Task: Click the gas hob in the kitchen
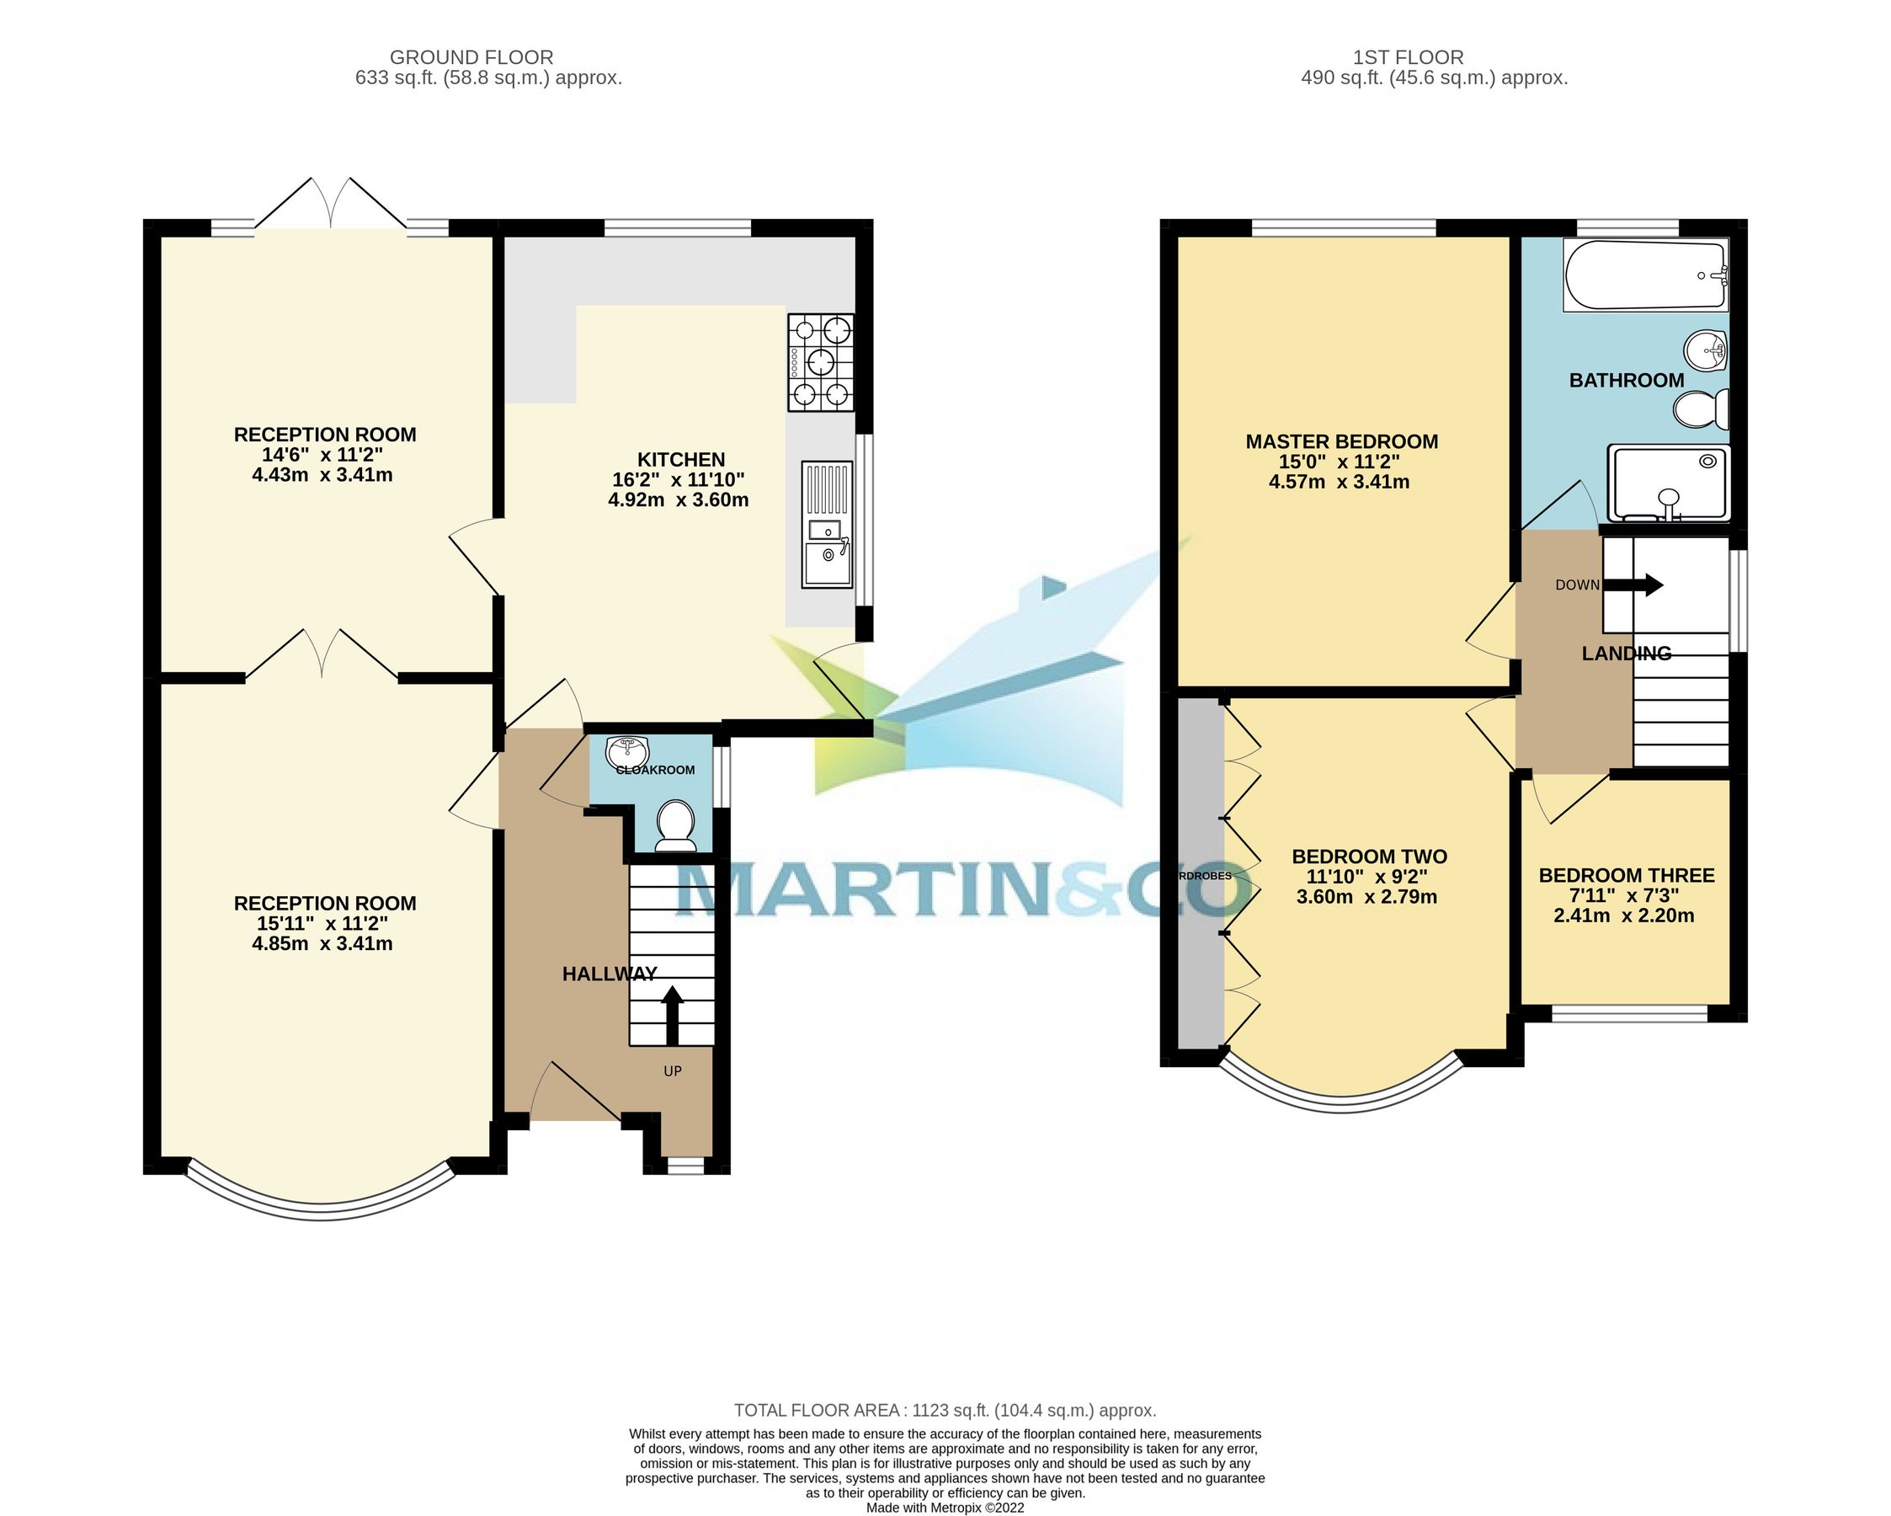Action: click(x=821, y=362)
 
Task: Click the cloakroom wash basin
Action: click(x=627, y=751)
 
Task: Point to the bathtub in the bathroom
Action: click(x=1645, y=275)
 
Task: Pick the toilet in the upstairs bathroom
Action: click(x=1702, y=408)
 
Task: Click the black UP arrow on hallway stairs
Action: click(x=672, y=1014)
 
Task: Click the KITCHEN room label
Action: click(x=680, y=460)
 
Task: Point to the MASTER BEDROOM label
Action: click(x=1342, y=441)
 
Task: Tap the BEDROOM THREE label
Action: click(x=1626, y=875)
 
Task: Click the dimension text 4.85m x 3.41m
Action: click(x=322, y=944)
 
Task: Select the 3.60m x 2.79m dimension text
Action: click(x=1366, y=897)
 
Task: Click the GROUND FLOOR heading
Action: click(x=471, y=57)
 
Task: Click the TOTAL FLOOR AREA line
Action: click(x=945, y=1411)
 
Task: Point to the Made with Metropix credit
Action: click(x=945, y=1508)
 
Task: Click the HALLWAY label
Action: click(x=609, y=974)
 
